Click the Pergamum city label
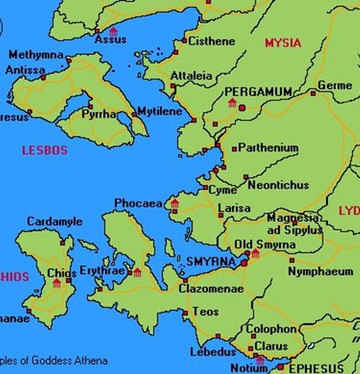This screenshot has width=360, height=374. (259, 91)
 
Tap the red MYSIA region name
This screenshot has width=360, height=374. (283, 43)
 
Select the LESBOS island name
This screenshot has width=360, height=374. (44, 150)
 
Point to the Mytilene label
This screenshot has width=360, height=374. (163, 113)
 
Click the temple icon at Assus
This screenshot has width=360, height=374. (112, 31)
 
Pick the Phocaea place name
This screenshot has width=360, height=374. (138, 204)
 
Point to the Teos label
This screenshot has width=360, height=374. (206, 311)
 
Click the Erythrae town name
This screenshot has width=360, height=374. (102, 270)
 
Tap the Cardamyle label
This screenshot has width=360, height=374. (55, 222)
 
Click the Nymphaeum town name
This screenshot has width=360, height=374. (321, 271)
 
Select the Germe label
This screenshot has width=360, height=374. (335, 85)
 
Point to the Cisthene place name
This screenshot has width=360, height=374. (210, 41)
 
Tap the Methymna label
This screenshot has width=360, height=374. (37, 56)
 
